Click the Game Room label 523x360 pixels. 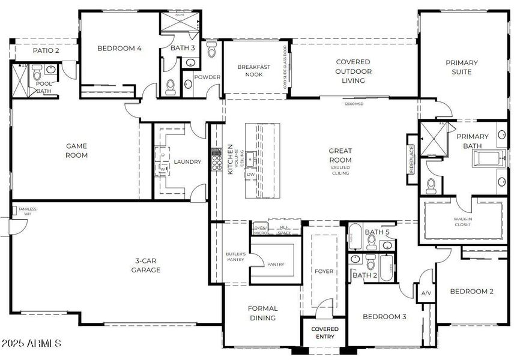click(x=76, y=151)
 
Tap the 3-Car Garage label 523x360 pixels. click(x=146, y=265)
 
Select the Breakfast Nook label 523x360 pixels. click(x=252, y=71)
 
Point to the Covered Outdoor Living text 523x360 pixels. click(x=353, y=71)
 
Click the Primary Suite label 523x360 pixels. click(x=461, y=67)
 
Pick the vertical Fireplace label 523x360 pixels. click(x=411, y=159)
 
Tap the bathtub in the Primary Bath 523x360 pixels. click(x=490, y=159)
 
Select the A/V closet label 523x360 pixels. click(x=426, y=293)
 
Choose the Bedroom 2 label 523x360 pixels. click(x=471, y=292)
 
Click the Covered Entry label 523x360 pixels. click(x=324, y=333)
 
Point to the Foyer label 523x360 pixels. click(x=324, y=271)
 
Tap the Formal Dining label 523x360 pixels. click(x=262, y=313)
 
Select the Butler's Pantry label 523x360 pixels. click(x=235, y=256)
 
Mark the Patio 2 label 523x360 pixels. click(x=46, y=50)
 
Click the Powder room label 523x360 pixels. click(x=207, y=77)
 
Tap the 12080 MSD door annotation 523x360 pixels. click(x=354, y=103)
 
